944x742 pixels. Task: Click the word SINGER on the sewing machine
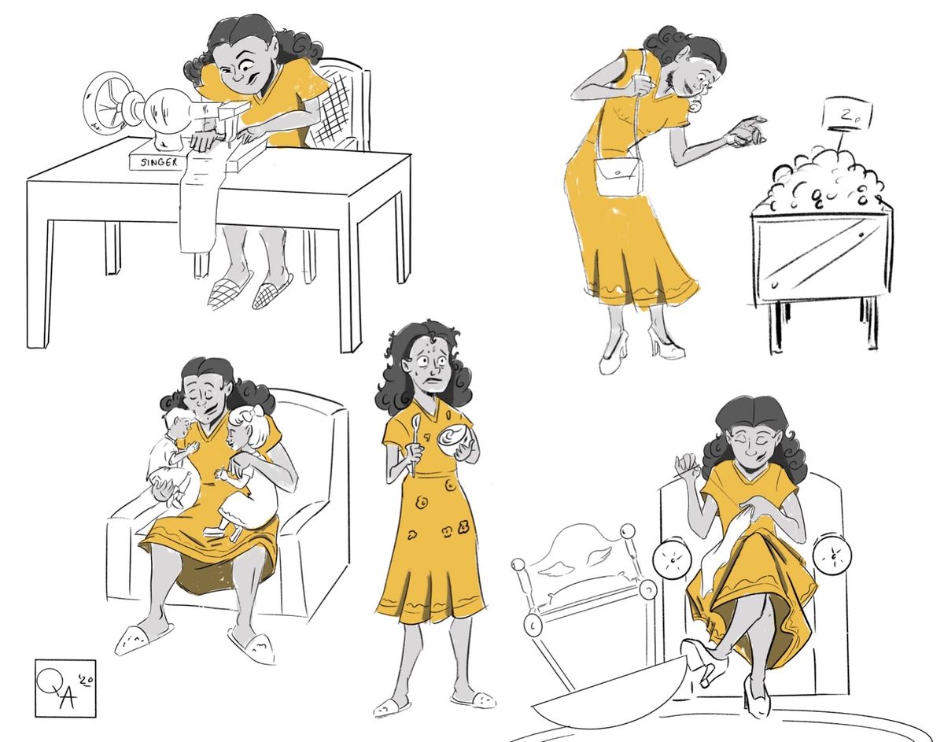(159, 162)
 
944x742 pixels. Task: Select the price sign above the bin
(846, 113)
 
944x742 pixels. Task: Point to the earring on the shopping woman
(695, 105)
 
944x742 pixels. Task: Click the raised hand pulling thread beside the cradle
(687, 466)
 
